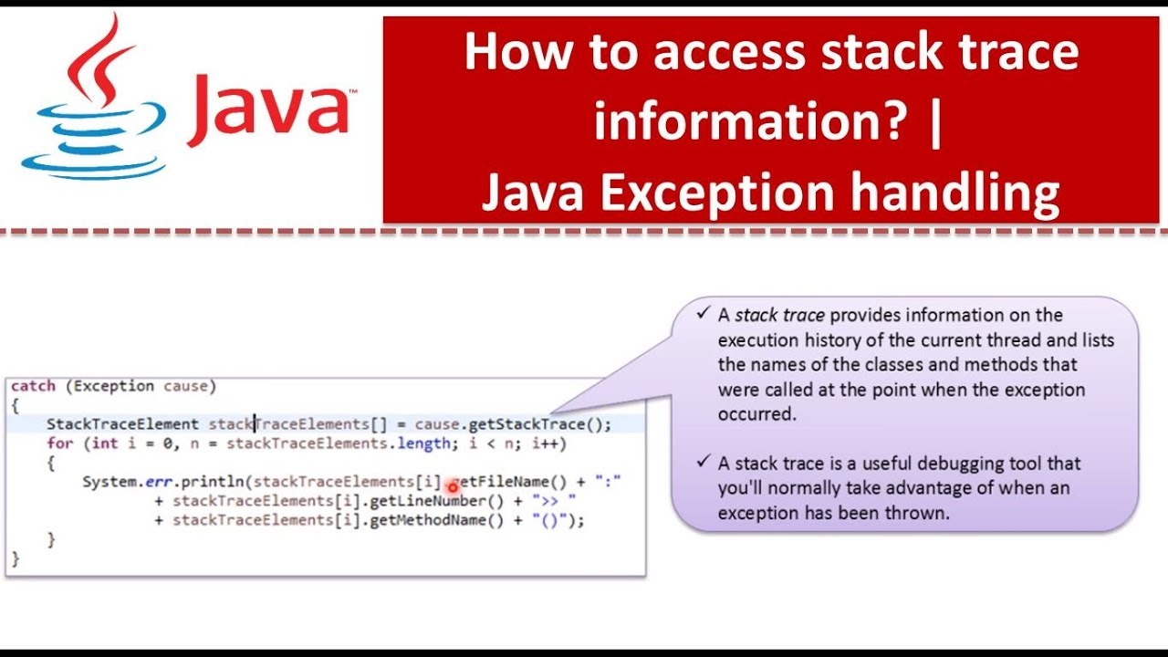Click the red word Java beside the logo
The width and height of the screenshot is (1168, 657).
[x=270, y=109]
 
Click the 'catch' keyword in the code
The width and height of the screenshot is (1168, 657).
[x=33, y=386]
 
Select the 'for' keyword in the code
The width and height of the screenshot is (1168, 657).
[x=59, y=443]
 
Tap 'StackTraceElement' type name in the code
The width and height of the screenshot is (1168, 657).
[x=122, y=424]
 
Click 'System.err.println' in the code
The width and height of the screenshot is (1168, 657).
[x=163, y=481]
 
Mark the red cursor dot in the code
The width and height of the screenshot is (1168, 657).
[x=452, y=487]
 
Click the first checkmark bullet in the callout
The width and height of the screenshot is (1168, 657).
[x=704, y=314]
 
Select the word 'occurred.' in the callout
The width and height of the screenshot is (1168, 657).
[x=757, y=413]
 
